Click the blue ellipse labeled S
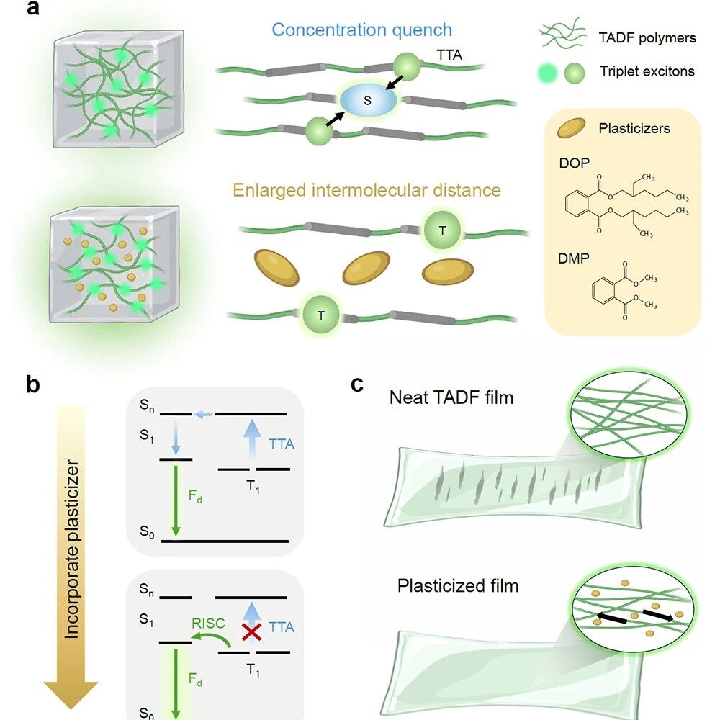pyautogui.click(x=368, y=99)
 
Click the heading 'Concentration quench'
pyautogui.click(x=362, y=30)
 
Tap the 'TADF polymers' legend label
pyautogui.click(x=647, y=37)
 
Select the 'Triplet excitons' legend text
pyautogui.click(x=647, y=71)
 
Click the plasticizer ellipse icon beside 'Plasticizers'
pyautogui.click(x=571, y=128)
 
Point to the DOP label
pyautogui.click(x=574, y=163)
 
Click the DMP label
pyautogui.click(x=574, y=258)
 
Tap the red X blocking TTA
pyautogui.click(x=251, y=632)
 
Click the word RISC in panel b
pyautogui.click(x=208, y=623)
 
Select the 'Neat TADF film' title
pyautogui.click(x=451, y=397)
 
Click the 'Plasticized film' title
pyautogui.click(x=458, y=585)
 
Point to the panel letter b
pyautogui.click(x=33, y=384)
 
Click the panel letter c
pyautogui.click(x=357, y=384)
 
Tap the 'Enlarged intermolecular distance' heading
pyautogui.click(x=366, y=189)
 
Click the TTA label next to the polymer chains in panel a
pyautogui.click(x=449, y=55)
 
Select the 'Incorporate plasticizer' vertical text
pyautogui.click(x=71, y=549)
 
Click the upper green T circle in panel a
pyautogui.click(x=442, y=230)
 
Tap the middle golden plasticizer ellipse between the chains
pyautogui.click(x=366, y=268)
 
